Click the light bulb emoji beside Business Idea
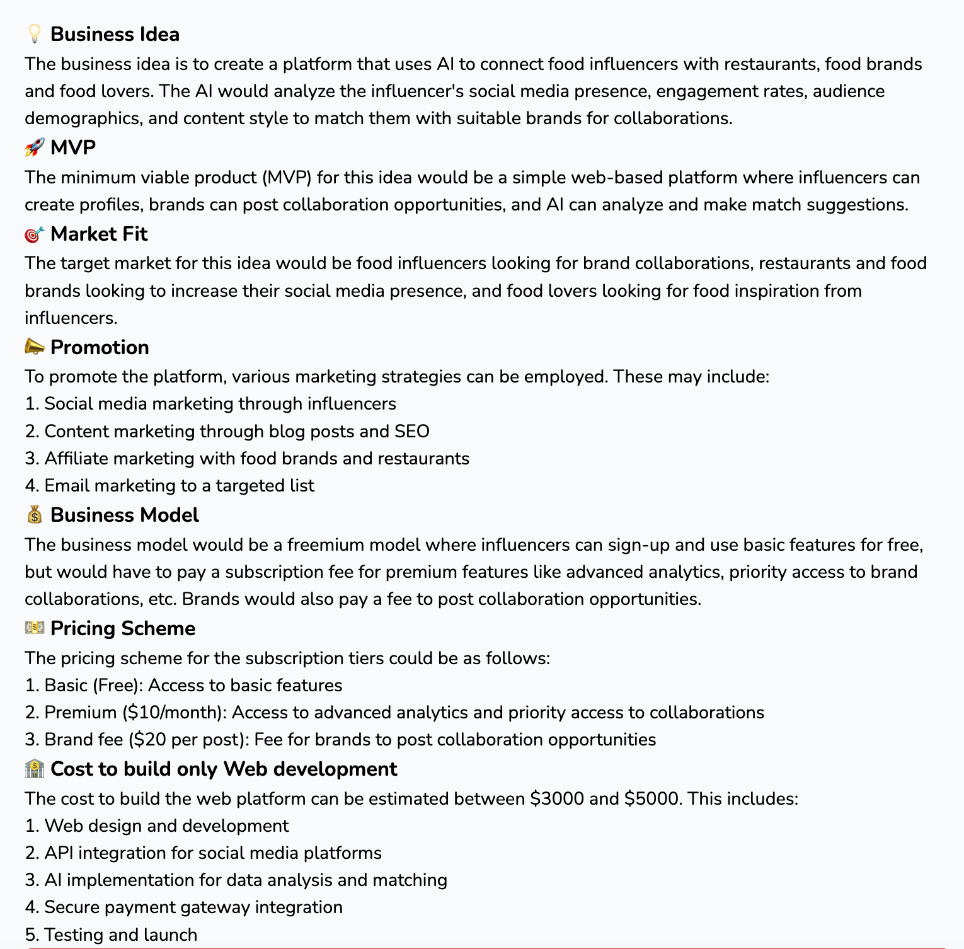click(x=35, y=34)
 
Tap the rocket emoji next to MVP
click(x=35, y=147)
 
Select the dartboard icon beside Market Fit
click(x=35, y=234)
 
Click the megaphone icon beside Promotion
click(x=35, y=347)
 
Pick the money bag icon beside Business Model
click(x=35, y=515)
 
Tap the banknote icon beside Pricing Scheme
click(x=35, y=628)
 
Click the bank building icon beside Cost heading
click(x=35, y=769)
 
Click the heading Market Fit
click(x=99, y=234)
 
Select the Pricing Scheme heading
click(x=123, y=628)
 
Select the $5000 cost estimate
click(x=651, y=799)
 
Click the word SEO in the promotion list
click(x=412, y=432)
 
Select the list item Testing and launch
click(x=120, y=935)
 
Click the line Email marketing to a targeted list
click(x=179, y=486)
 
